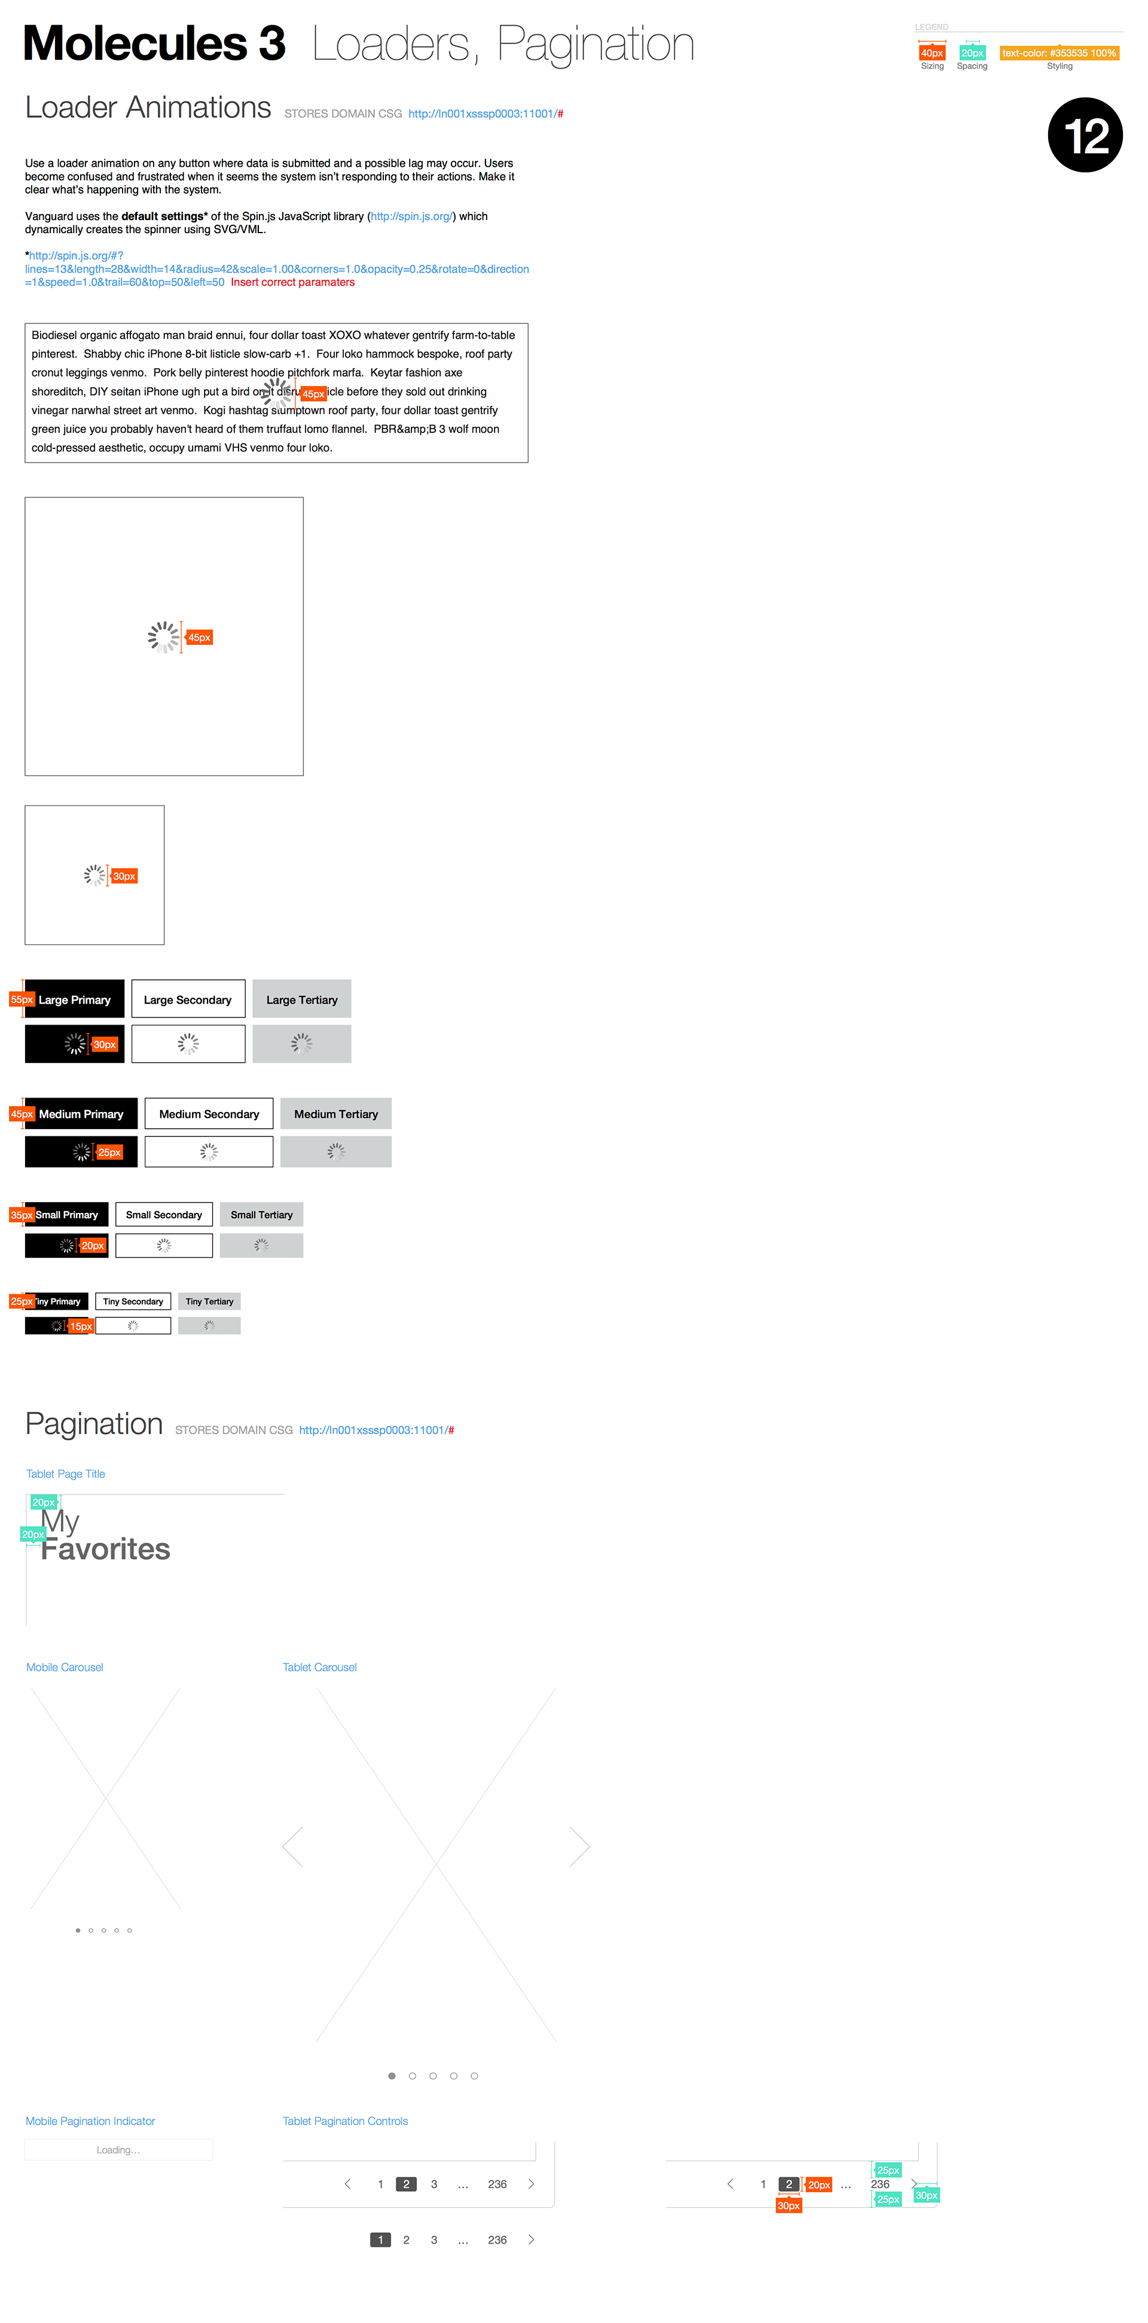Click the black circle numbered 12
pos(1084,135)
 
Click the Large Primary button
pos(75,999)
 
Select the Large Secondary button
pos(188,999)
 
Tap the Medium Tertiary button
pos(335,1114)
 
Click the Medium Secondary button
pos(209,1114)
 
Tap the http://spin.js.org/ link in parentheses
pos(412,216)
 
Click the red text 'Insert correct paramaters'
pos(292,282)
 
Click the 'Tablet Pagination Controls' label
pos(346,2121)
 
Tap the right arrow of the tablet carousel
pos(580,1847)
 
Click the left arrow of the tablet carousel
pos(292,1847)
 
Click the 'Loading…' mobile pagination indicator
pos(118,2150)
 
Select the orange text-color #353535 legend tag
pos(1059,53)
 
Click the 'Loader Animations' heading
pos(148,108)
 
